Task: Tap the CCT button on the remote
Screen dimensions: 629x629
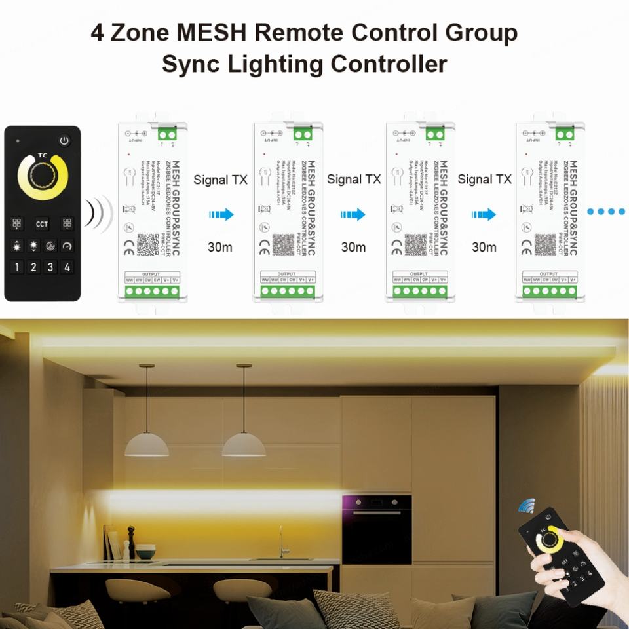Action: click(42, 223)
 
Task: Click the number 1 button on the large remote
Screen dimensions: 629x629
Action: click(16, 267)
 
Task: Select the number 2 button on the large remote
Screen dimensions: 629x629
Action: click(33, 267)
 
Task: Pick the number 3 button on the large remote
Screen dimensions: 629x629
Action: click(50, 267)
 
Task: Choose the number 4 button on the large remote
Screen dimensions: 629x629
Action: click(67, 267)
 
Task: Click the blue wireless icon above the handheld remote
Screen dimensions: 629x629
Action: click(526, 506)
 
